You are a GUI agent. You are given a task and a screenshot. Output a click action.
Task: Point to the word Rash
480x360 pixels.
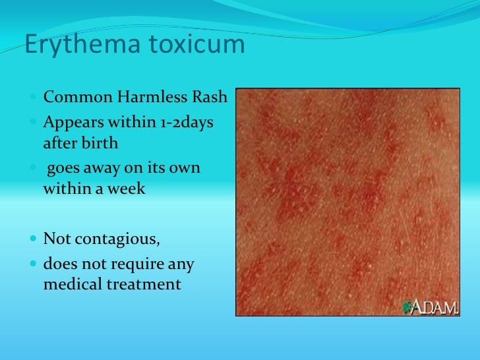click(x=209, y=98)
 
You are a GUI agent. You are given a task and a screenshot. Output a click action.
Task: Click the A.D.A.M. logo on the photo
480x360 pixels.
click(x=431, y=307)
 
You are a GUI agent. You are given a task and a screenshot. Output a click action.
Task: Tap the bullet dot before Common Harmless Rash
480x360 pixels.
click(x=34, y=98)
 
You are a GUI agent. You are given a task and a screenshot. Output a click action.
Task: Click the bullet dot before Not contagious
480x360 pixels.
click(x=34, y=238)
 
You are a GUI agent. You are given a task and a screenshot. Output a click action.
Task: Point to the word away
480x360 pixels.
click(x=100, y=169)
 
